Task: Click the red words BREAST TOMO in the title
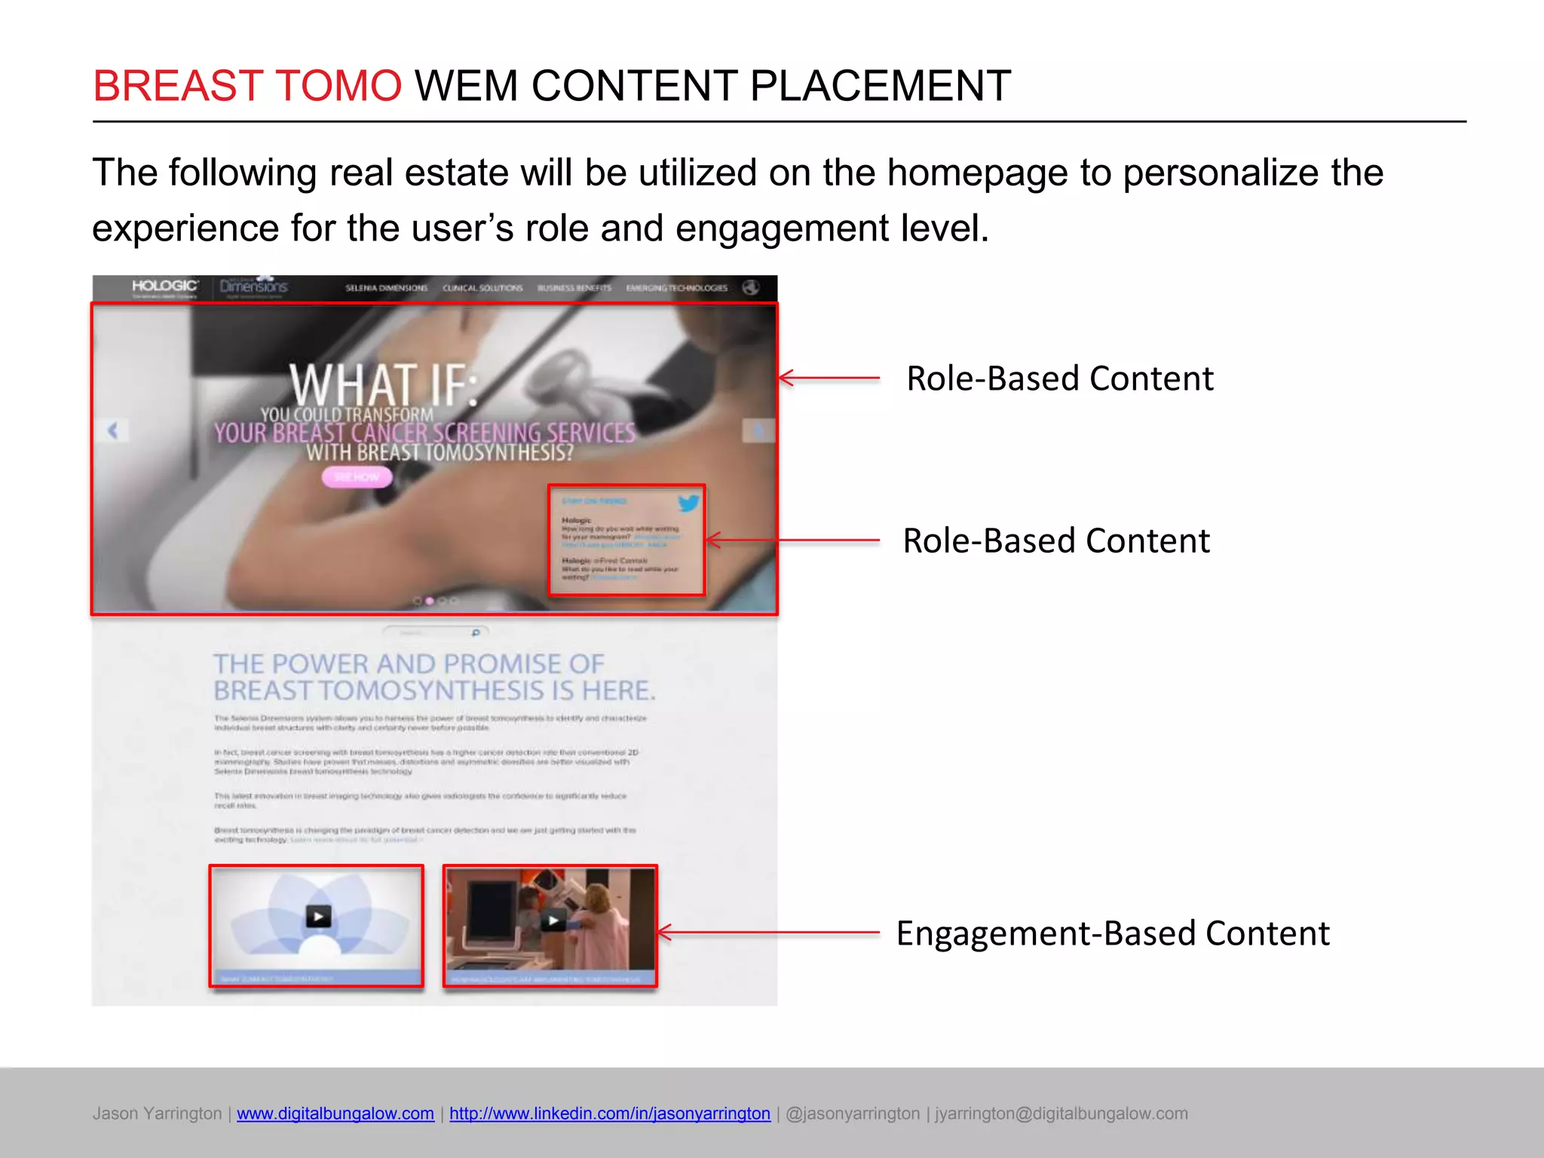point(247,85)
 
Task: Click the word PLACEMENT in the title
point(880,85)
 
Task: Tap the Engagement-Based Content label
point(1112,933)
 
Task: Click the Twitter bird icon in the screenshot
point(688,503)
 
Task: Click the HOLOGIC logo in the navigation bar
point(165,286)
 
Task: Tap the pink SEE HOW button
point(357,477)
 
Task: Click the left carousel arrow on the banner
point(113,430)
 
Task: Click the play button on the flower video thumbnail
point(318,916)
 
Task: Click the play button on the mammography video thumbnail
point(553,920)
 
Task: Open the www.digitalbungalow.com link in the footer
point(335,1114)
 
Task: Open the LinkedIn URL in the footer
point(609,1114)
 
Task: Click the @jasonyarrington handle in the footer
point(853,1114)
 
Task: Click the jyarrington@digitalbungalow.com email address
point(1061,1114)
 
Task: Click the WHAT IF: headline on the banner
point(383,384)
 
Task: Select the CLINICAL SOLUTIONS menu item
point(482,288)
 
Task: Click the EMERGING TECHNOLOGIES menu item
point(676,288)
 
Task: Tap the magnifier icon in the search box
point(476,633)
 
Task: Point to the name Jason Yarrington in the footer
point(157,1114)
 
